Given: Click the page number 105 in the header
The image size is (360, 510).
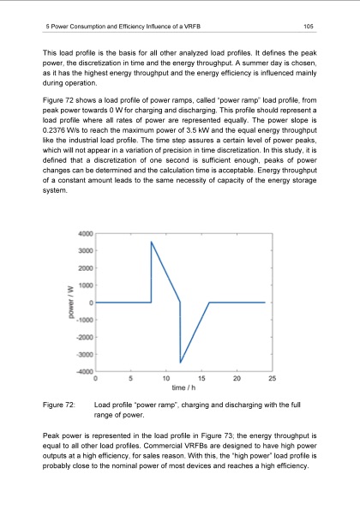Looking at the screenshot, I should (309, 27).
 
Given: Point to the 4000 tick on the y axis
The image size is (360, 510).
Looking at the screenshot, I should (84, 234).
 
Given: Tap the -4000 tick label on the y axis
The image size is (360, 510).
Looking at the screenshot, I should (83, 370).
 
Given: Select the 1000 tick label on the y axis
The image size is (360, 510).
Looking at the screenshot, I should (84, 285).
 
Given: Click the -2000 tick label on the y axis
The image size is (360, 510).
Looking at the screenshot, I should (83, 337).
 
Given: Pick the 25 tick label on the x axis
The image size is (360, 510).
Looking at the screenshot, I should (272, 378).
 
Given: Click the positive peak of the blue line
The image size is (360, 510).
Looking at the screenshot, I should (152, 243).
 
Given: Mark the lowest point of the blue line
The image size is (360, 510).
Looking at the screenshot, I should (180, 362).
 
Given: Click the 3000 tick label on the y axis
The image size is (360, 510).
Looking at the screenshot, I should (84, 251).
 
